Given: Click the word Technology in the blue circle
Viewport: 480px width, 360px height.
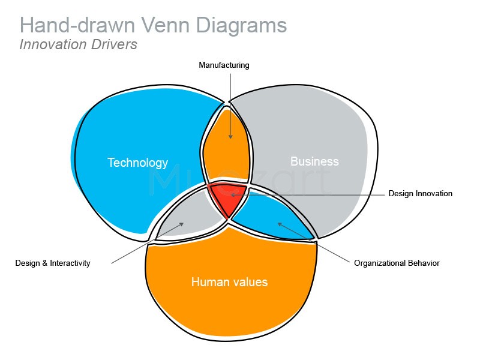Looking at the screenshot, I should click(x=137, y=163).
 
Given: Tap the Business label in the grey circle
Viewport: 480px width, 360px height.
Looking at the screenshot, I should click(x=314, y=161).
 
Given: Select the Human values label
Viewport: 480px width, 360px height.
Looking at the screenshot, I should click(x=229, y=281).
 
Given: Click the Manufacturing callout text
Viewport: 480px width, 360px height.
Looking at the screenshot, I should click(x=224, y=65).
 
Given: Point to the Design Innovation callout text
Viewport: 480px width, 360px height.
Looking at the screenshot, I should click(x=420, y=194).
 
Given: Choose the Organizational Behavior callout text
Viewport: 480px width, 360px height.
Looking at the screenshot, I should click(x=397, y=263).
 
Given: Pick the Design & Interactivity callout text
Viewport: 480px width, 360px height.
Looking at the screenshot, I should click(x=53, y=263).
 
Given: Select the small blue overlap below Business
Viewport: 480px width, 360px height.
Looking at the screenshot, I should click(x=270, y=216).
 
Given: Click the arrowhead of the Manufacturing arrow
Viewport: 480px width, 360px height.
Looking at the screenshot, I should click(x=229, y=137).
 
